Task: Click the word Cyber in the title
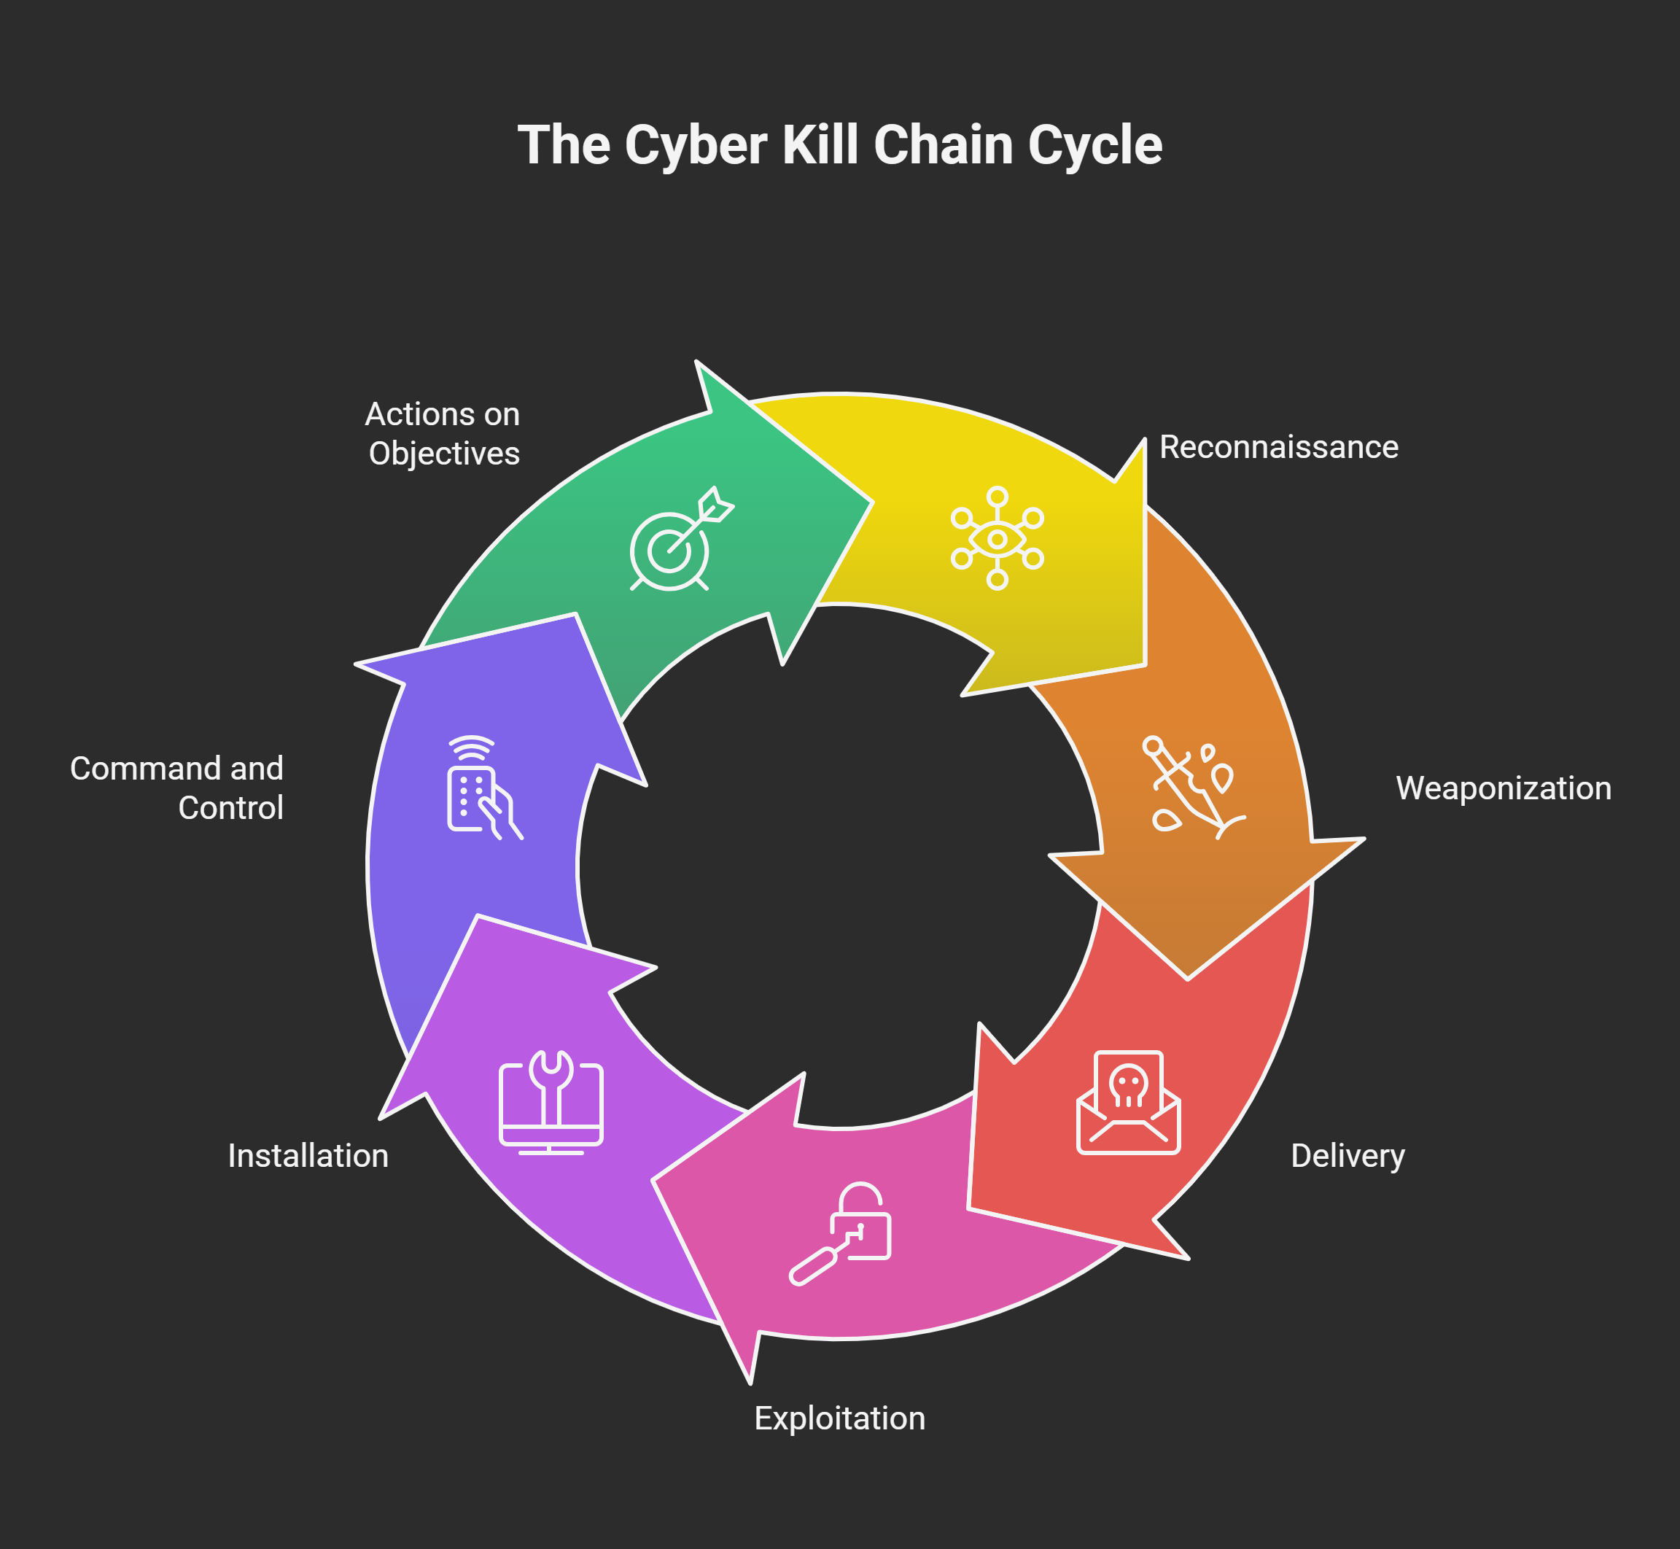pos(695,146)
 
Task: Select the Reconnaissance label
pos(1279,447)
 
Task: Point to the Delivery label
pos(1347,1156)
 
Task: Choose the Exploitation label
pos(839,1418)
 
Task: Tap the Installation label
pos(308,1156)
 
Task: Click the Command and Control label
pos(176,788)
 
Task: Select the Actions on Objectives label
pos(443,433)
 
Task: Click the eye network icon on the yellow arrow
pos(997,538)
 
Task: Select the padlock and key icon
pos(841,1233)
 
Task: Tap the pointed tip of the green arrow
pos(872,503)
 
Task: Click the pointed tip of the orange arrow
pos(1187,978)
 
